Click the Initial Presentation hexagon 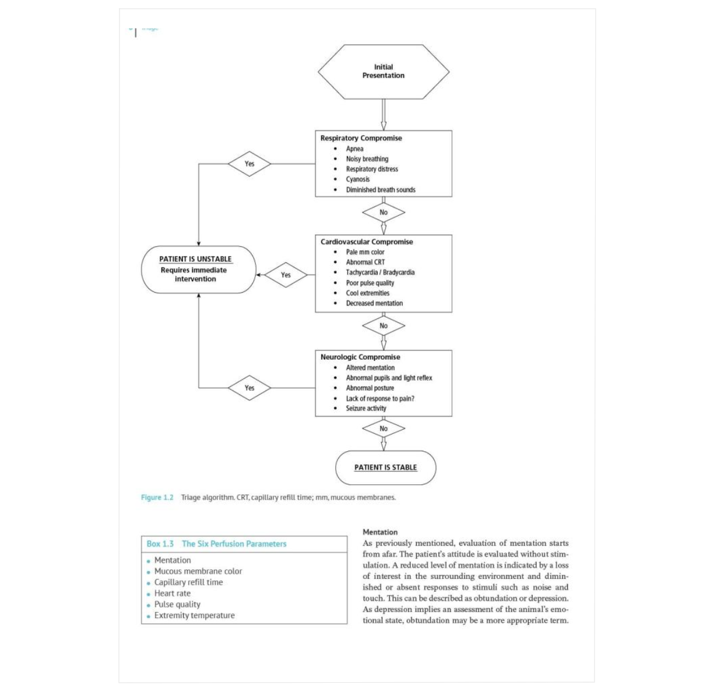tap(384, 72)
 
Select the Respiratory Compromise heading tap(361, 138)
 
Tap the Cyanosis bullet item tap(357, 179)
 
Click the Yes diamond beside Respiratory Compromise tap(249, 164)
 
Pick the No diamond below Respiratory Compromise tap(384, 212)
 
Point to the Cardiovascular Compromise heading tap(367, 241)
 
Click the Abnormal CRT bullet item tap(365, 262)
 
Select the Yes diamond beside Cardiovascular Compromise tap(286, 275)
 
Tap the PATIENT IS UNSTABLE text tap(196, 259)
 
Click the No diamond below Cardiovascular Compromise tap(384, 326)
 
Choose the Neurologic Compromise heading tap(360, 357)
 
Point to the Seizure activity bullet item tap(366, 408)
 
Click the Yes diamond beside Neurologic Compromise tap(249, 388)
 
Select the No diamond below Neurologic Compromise tap(384, 429)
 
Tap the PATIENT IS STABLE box tap(386, 468)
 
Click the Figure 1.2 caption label tap(157, 497)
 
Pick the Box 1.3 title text tap(217, 544)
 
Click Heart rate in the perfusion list tap(173, 593)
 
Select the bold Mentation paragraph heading tap(380, 532)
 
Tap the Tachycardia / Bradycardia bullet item tap(380, 272)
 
